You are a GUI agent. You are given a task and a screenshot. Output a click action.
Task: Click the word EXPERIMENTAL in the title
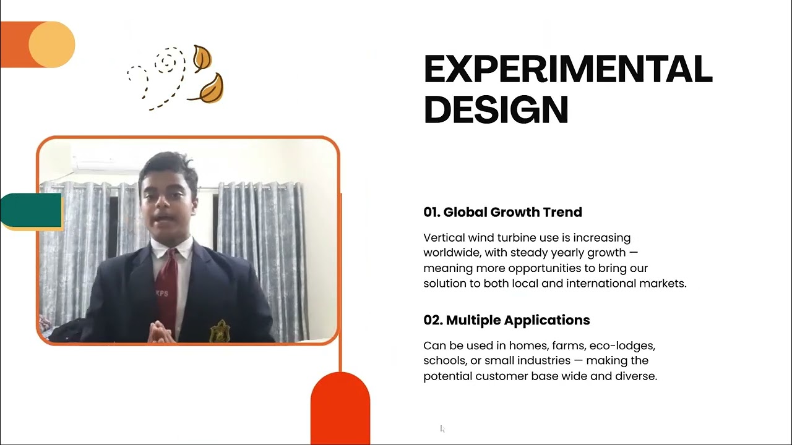click(x=568, y=69)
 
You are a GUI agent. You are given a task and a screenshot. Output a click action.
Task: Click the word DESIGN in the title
click(x=496, y=109)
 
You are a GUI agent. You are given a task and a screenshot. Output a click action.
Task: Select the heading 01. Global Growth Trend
click(x=502, y=212)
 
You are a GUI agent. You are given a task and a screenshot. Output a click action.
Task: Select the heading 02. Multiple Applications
click(x=506, y=320)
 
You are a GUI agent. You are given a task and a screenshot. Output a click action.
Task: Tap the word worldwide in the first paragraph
click(x=452, y=253)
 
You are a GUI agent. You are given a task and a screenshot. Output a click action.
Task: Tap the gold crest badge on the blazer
click(x=220, y=331)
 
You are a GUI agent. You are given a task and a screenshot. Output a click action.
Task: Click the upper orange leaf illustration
click(x=202, y=58)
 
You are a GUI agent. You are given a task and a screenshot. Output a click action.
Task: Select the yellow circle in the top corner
click(x=51, y=44)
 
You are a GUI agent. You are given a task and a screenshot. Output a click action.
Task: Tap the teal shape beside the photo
click(x=31, y=210)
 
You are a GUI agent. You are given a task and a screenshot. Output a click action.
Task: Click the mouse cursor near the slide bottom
click(x=442, y=428)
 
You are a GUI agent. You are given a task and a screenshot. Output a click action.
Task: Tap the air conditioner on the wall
click(x=106, y=167)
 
